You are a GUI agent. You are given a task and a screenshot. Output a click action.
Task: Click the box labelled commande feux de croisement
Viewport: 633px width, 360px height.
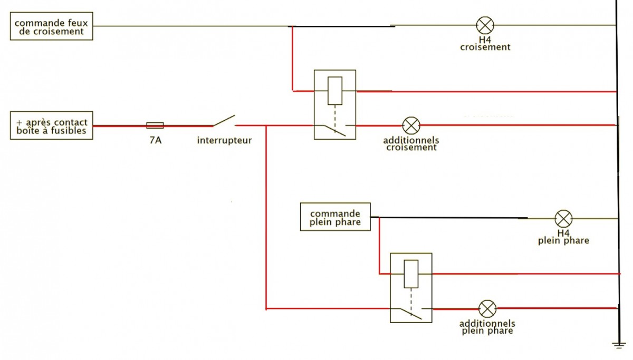click(51, 26)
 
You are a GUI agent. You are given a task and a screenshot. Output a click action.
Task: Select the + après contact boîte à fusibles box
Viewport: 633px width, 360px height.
click(51, 126)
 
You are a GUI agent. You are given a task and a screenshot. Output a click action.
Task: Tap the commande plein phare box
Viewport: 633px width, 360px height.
click(335, 217)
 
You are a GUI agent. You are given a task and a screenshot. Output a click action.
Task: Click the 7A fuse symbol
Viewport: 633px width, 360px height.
click(155, 125)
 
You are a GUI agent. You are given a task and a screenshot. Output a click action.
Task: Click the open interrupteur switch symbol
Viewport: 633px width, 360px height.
click(224, 121)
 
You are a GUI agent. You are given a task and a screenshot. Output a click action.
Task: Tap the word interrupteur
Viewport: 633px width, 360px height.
click(224, 141)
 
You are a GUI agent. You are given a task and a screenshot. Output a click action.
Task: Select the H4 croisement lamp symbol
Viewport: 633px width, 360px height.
click(484, 25)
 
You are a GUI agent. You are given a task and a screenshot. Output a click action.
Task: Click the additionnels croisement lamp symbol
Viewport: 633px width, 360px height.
click(410, 125)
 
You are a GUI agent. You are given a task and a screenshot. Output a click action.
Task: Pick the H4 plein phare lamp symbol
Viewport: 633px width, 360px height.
click(563, 218)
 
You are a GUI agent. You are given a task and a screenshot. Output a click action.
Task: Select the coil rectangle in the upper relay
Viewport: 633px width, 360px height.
click(335, 91)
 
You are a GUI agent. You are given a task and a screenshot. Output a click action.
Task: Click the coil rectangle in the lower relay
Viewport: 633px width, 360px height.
click(411, 274)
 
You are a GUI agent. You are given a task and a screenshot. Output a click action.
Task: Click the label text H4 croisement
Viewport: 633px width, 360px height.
click(485, 43)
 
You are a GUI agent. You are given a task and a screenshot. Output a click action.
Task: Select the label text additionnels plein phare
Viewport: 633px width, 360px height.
click(487, 327)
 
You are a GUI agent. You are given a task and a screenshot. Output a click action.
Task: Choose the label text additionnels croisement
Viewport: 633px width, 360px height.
click(411, 144)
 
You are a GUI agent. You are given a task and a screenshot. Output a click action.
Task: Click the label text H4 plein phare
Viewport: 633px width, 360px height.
click(563, 237)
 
